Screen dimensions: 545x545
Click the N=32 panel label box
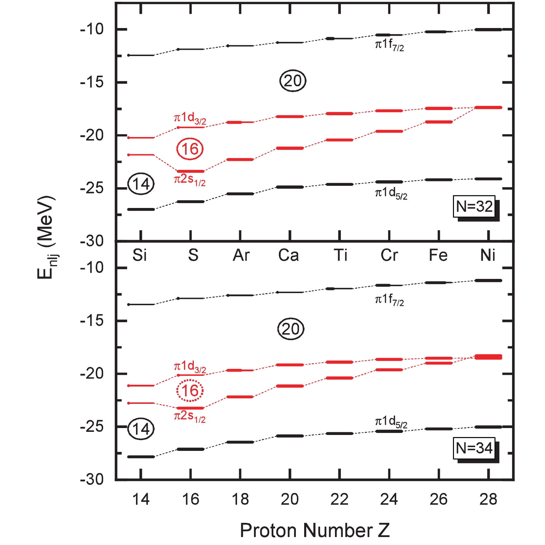(x=474, y=207)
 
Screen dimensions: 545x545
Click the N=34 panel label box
(x=474, y=448)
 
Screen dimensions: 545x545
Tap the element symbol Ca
(x=289, y=255)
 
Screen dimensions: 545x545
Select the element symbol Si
(x=140, y=255)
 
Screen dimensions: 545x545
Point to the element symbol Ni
(x=488, y=255)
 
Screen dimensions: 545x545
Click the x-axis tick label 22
(x=339, y=499)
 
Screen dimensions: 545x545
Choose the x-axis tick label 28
(x=488, y=499)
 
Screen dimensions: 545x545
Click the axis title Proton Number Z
(x=315, y=530)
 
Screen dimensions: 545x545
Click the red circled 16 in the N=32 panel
(x=190, y=149)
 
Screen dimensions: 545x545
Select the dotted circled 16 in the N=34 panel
(x=190, y=391)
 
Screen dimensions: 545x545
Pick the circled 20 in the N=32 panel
(x=293, y=81)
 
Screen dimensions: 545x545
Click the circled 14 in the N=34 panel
(x=141, y=429)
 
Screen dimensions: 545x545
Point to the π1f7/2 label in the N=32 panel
(x=389, y=45)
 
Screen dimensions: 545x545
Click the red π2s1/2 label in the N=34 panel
(x=190, y=417)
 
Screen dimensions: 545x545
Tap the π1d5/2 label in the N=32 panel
(x=391, y=193)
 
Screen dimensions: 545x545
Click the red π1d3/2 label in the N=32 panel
(x=190, y=118)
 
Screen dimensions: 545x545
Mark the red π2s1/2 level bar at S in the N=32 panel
(x=190, y=171)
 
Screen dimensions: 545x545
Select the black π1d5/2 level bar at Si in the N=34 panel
(x=141, y=457)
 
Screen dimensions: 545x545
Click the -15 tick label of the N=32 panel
(x=92, y=82)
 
